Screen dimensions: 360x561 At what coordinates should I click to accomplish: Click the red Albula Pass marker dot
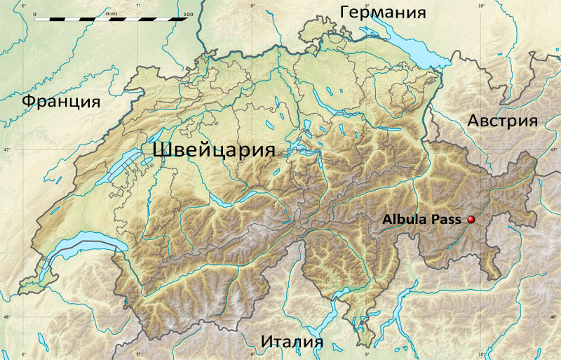tap(471, 220)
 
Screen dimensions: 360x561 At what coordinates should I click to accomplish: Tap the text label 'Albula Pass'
tap(421, 219)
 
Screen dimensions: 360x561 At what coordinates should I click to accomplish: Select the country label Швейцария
tap(213, 149)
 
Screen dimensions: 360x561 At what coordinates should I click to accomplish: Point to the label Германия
tap(383, 12)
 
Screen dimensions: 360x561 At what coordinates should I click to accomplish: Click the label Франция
tap(60, 101)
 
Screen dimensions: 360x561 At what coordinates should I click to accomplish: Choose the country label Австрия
tap(502, 120)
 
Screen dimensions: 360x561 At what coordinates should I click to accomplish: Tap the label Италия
tap(292, 342)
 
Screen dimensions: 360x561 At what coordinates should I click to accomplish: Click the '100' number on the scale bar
tap(187, 13)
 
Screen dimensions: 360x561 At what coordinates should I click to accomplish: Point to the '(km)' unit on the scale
tap(111, 13)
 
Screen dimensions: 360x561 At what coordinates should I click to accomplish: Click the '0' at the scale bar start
tap(34, 13)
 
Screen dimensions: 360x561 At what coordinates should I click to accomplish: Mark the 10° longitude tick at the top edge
tap(481, 5)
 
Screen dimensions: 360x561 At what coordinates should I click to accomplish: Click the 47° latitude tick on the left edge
tap(5, 150)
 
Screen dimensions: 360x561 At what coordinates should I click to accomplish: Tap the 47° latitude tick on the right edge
tap(555, 150)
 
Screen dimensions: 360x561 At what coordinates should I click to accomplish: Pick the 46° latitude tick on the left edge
tap(5, 317)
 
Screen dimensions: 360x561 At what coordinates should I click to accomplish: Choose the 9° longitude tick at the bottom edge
tap(367, 354)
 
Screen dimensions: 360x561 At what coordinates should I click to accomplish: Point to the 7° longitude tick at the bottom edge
tap(138, 354)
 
